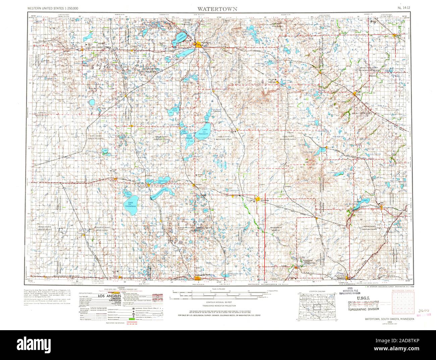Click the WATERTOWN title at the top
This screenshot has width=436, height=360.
tap(218, 8)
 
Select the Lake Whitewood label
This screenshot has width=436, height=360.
tap(159, 192)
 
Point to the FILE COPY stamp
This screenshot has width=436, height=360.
tap(364, 304)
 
